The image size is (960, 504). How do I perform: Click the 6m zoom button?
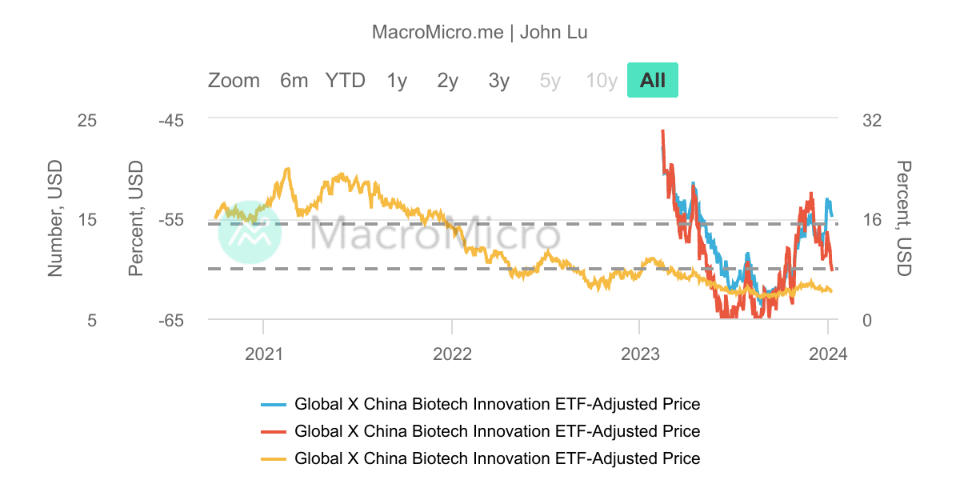click(294, 81)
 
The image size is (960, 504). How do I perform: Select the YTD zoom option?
click(345, 81)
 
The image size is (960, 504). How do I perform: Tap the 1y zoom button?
click(397, 81)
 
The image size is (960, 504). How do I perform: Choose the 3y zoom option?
click(498, 81)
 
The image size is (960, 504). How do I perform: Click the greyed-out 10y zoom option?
click(601, 81)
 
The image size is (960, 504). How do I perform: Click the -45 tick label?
click(170, 121)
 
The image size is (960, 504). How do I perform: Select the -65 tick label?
click(170, 320)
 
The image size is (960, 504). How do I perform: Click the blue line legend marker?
click(274, 404)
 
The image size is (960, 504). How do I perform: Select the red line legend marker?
click(274, 432)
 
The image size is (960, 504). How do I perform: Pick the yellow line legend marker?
click(274, 459)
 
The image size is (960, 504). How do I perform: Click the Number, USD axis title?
click(54, 220)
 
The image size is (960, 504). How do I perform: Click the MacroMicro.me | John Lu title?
click(480, 32)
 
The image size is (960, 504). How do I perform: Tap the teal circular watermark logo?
click(250, 232)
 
